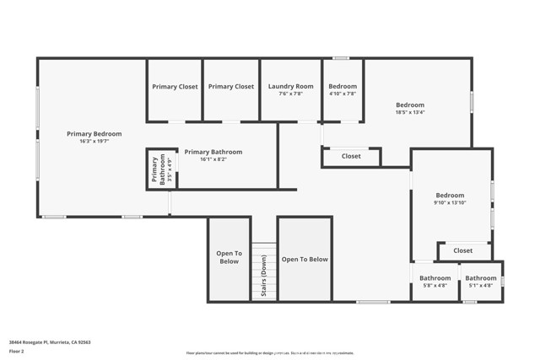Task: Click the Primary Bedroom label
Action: pos(94,134)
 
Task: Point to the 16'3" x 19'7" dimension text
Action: pos(94,142)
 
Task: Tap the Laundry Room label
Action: pos(290,86)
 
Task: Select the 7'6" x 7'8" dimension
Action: pos(290,94)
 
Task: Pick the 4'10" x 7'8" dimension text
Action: pos(343,94)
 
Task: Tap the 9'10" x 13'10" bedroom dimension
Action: pos(450,203)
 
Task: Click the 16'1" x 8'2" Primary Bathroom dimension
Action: pos(213,159)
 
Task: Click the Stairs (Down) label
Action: pos(263,276)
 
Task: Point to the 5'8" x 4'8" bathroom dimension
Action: pos(435,286)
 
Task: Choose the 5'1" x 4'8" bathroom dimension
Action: pos(481,286)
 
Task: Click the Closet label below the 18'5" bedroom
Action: pos(351,156)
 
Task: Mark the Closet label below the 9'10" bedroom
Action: pos(463,250)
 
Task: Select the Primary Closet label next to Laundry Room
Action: pos(231,86)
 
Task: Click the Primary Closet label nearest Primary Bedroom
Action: pos(175,86)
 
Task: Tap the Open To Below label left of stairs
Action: pos(229,257)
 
